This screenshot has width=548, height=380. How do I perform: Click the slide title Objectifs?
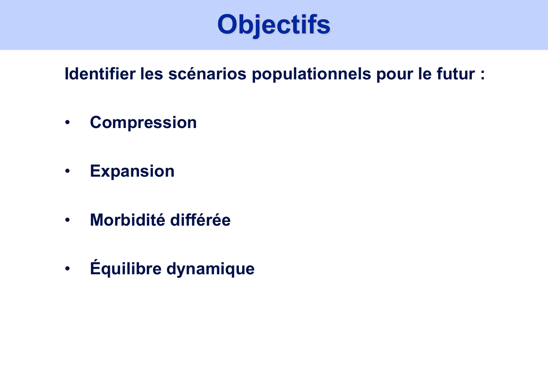[273, 25]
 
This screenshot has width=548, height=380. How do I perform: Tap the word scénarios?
[207, 74]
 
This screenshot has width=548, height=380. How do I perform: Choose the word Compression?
[143, 123]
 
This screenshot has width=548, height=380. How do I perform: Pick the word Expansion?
[132, 171]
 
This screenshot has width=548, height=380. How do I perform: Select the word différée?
[200, 220]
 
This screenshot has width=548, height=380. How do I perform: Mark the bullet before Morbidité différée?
[67, 220]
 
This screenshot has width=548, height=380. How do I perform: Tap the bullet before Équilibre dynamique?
[67, 269]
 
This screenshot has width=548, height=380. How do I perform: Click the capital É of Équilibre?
[95, 268]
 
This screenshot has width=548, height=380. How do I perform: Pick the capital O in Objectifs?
[229, 25]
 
